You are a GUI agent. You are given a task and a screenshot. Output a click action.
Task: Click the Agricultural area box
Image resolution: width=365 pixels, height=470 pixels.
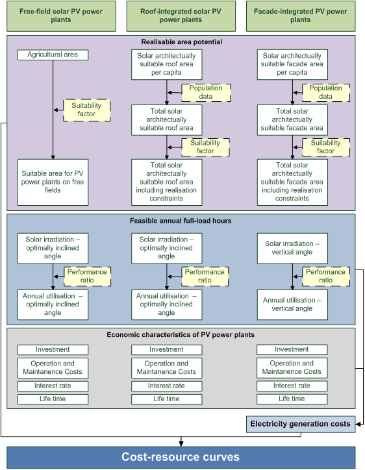click(53, 55)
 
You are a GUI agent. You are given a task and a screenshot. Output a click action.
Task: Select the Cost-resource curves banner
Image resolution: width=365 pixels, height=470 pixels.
click(181, 457)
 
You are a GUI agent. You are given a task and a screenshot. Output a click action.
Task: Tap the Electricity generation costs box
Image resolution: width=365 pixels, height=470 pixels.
click(301, 424)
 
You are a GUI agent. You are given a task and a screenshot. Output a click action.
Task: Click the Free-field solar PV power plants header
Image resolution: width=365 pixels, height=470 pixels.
click(61, 16)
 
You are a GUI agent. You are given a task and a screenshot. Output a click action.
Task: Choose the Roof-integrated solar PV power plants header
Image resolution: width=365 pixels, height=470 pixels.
click(181, 16)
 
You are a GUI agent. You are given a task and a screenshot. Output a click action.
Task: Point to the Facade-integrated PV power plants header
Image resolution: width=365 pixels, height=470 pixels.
click(301, 16)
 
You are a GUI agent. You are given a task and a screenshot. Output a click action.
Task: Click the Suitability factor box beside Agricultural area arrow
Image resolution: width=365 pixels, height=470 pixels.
click(86, 110)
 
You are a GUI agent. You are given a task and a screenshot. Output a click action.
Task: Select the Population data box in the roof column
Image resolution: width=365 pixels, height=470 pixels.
click(206, 93)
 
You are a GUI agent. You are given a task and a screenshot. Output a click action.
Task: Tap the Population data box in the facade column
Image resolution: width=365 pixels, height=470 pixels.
click(326, 93)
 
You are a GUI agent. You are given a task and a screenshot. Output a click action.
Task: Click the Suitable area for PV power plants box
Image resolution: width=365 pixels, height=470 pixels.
click(53, 182)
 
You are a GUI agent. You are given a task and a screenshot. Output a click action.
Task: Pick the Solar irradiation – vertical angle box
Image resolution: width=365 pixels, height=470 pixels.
click(292, 248)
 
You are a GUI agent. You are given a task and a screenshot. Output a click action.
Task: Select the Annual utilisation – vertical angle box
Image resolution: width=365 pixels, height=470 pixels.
click(292, 304)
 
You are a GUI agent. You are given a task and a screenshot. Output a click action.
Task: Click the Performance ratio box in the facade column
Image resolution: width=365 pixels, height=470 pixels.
click(326, 277)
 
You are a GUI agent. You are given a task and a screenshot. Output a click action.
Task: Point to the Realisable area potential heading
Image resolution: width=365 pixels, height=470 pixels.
click(182, 42)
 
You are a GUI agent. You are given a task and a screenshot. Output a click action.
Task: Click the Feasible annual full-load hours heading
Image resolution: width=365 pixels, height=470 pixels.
click(181, 221)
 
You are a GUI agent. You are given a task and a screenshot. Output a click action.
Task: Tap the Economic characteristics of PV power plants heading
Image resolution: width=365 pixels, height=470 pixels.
click(181, 335)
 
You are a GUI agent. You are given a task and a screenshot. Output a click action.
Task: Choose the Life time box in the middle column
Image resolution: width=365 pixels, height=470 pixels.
click(166, 399)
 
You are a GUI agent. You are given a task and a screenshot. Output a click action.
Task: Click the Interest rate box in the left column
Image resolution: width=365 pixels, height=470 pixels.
click(53, 386)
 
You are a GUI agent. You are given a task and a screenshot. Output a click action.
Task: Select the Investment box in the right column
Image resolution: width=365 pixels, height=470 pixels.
click(292, 349)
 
